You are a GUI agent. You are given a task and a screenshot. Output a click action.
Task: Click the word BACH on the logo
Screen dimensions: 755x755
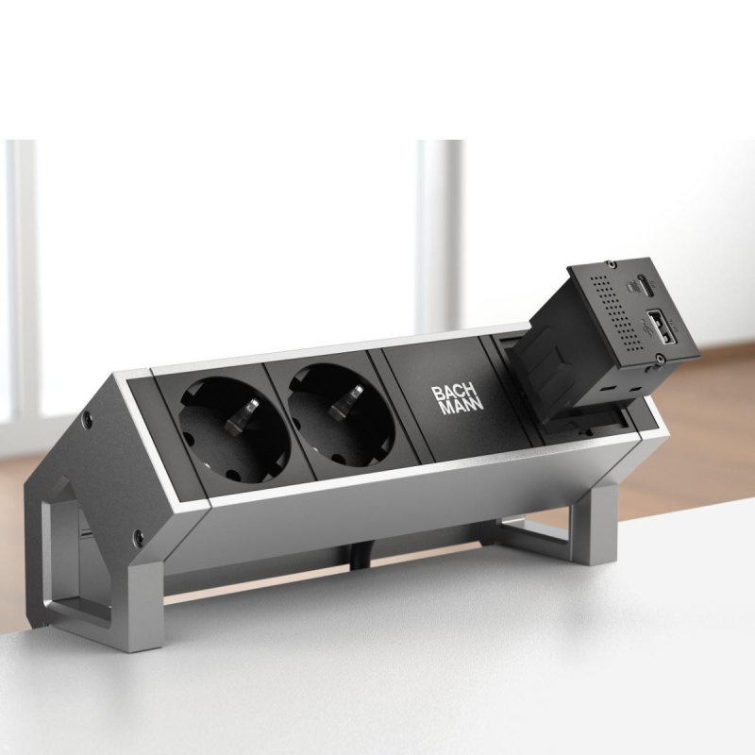tap(452, 393)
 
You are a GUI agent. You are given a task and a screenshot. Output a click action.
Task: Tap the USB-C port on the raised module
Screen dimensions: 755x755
tap(642, 282)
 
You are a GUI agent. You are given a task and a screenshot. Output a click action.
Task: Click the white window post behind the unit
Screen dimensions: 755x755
tap(438, 236)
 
